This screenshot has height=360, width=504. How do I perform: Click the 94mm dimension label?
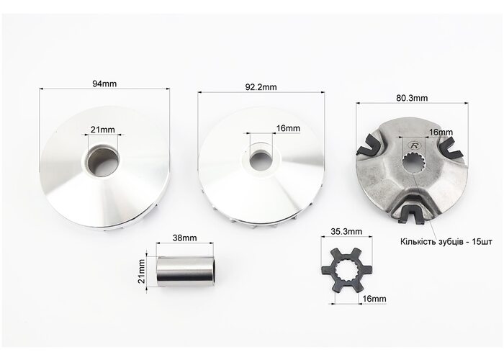104,84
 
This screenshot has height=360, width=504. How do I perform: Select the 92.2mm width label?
261,87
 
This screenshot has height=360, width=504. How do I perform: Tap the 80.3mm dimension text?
412,98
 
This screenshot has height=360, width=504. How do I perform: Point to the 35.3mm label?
346,231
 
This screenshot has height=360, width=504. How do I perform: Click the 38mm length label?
184,238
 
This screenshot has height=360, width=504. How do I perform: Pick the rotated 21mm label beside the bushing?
141,271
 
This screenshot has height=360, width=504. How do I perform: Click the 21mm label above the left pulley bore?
102,130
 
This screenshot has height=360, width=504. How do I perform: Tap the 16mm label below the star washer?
374,299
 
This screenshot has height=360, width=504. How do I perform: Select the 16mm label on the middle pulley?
288,129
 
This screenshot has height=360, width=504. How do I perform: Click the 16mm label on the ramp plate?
441,132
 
